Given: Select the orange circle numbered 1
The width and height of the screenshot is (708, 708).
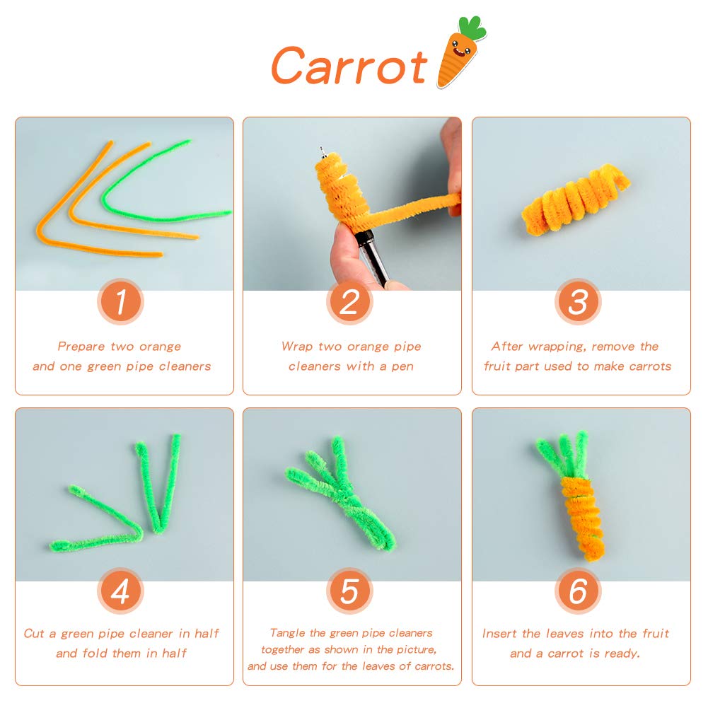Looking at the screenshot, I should tap(120, 302).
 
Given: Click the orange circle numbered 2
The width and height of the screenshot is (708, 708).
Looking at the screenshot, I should tap(349, 302).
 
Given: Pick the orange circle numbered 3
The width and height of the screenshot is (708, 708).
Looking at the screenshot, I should tap(578, 302).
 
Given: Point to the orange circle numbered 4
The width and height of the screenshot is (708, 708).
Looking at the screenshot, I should tap(120, 592).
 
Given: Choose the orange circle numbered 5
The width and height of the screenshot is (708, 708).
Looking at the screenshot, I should tap(349, 592).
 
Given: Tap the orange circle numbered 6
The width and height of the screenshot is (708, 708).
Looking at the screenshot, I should tap(578, 592).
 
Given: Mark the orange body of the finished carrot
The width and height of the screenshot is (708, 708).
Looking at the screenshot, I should tap(579, 513).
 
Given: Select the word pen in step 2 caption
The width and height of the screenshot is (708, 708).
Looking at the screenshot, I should tap(402, 366).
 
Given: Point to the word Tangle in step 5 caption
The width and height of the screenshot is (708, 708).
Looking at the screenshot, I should tap(289, 633).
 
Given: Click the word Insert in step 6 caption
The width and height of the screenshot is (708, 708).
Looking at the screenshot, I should tap(500, 634).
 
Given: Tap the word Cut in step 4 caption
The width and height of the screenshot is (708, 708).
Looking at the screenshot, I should tap(35, 634).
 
